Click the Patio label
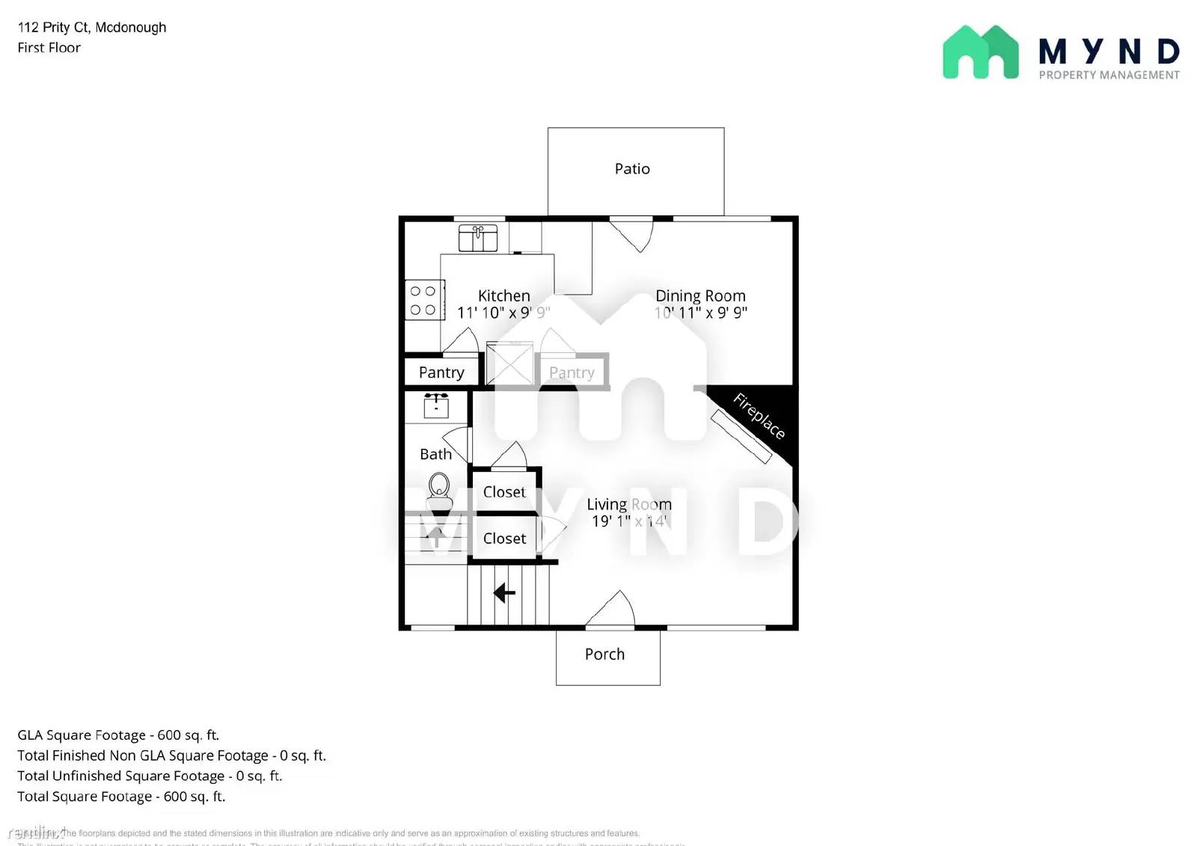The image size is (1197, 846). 632,169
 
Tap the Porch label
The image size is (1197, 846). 604,655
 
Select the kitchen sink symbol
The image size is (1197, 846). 478,238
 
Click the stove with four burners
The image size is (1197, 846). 423,300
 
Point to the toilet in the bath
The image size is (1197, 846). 439,487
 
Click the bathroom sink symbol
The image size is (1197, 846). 436,405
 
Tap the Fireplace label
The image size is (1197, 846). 759,416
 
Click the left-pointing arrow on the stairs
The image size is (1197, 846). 504,593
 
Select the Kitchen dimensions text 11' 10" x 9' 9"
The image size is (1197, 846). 503,313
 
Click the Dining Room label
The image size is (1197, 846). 700,296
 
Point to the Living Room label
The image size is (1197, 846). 628,505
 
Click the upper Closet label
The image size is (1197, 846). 504,492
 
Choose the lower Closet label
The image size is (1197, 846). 504,539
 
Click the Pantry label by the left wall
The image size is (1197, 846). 441,373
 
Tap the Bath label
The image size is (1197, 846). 435,454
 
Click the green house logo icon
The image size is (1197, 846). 980,52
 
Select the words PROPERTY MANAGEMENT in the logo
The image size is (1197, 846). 1109,75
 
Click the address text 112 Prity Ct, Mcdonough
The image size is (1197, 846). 92,28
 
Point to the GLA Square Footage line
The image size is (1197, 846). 118,735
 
